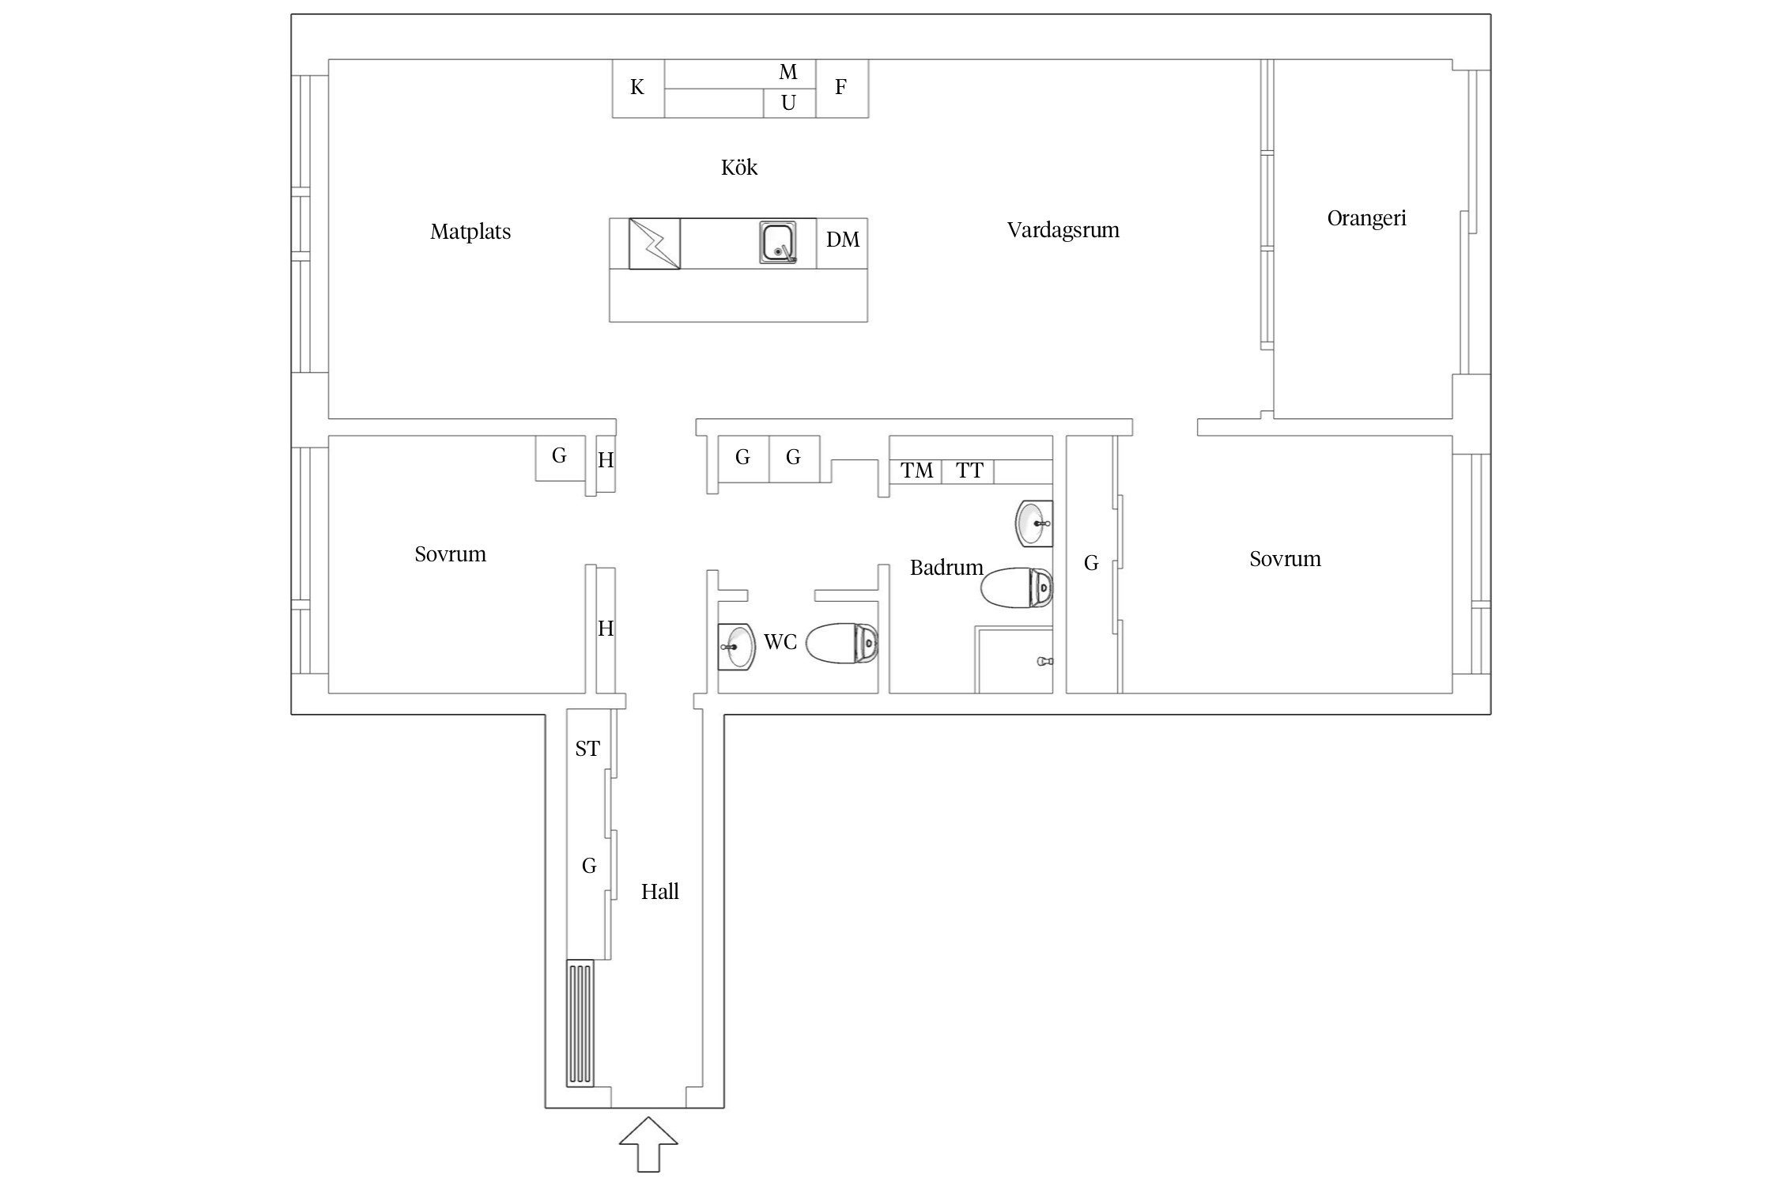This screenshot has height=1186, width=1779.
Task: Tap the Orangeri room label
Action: [x=1366, y=218]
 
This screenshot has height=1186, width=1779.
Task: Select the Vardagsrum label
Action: [x=1063, y=230]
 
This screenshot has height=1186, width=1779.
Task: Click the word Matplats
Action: [x=470, y=232]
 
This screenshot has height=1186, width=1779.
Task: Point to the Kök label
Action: [x=739, y=167]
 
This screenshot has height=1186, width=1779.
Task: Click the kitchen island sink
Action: [x=778, y=243]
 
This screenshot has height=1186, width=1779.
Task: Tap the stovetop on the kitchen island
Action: [x=655, y=244]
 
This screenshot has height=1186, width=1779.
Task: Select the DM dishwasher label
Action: [x=843, y=240]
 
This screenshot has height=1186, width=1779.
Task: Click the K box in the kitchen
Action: [x=638, y=88]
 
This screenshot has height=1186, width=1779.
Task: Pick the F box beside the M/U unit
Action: [x=842, y=88]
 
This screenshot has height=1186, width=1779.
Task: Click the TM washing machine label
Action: [x=917, y=471]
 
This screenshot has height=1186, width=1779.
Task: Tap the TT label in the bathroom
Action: [x=969, y=471]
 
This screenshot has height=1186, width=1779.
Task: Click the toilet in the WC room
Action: [x=842, y=644]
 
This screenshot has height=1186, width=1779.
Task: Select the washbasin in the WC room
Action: [x=736, y=646]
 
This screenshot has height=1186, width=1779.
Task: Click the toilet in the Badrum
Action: [x=1017, y=587]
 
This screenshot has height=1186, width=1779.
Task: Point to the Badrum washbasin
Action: [x=1034, y=523]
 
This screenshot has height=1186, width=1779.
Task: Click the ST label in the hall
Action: [x=587, y=749]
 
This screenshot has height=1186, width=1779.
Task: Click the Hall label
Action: [x=660, y=892]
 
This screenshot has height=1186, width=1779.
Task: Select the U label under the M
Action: [x=788, y=103]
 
